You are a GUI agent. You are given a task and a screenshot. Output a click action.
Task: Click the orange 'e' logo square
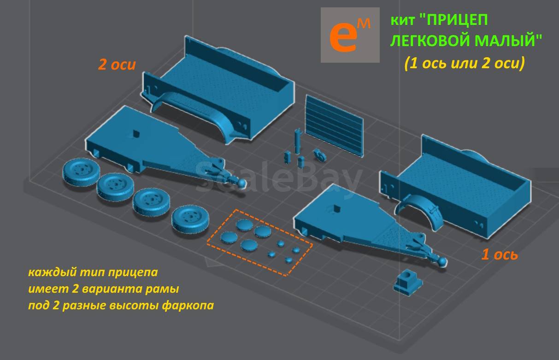[x=350, y=35]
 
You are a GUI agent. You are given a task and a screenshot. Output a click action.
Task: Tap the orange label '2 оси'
[x=117, y=65]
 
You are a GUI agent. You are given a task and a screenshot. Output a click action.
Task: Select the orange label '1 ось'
[x=500, y=254]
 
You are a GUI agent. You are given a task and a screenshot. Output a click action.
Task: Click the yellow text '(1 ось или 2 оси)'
[x=465, y=63]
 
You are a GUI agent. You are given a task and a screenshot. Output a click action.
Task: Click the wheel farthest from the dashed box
[x=81, y=172]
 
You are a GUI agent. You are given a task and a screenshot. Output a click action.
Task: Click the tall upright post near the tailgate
[x=297, y=141]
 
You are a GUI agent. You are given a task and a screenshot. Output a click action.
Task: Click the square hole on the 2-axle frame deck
[x=135, y=134]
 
